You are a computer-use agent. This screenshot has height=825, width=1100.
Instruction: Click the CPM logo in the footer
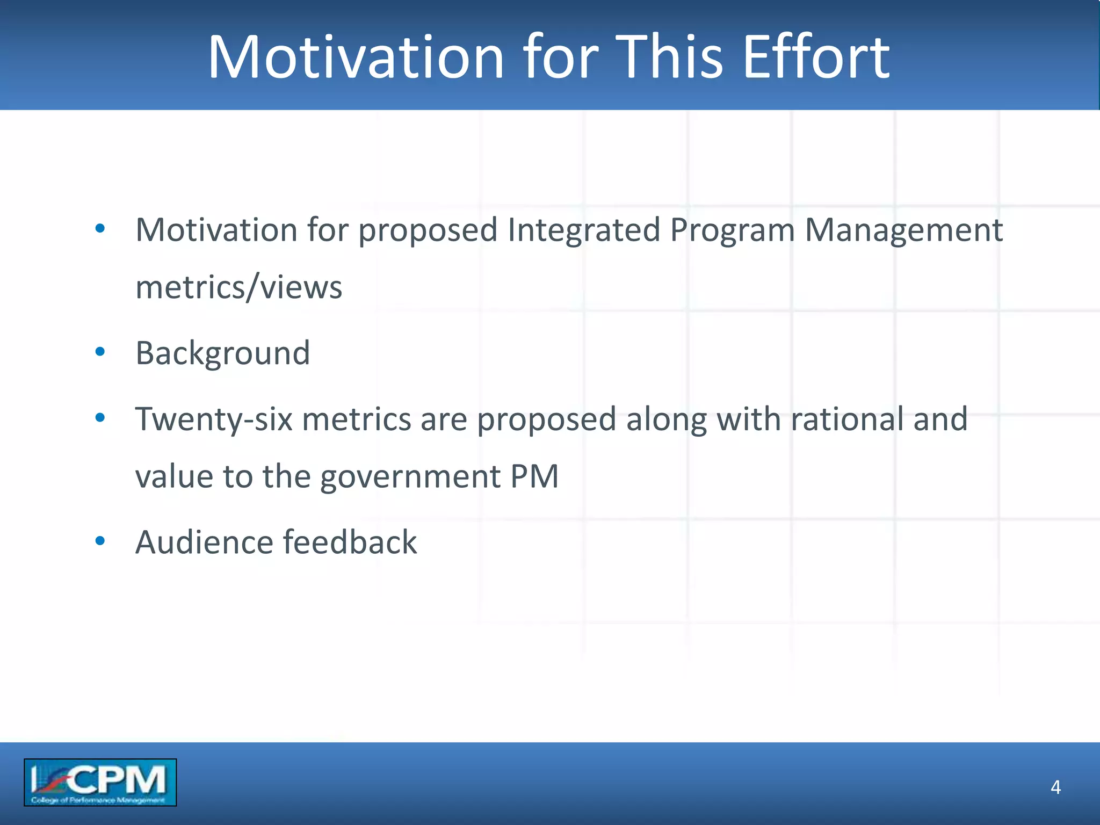pyautogui.click(x=100, y=782)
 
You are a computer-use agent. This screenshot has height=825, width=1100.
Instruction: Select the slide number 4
pyautogui.click(x=1055, y=787)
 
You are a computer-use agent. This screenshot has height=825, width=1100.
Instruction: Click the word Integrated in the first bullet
pyautogui.click(x=583, y=230)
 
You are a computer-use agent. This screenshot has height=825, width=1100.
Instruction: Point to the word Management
pyautogui.click(x=903, y=230)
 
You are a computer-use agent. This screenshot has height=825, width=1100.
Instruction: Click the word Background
pyautogui.click(x=223, y=353)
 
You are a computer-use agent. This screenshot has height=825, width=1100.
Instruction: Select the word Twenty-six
pyautogui.click(x=214, y=419)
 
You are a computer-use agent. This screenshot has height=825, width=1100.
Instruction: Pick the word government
pyautogui.click(x=410, y=476)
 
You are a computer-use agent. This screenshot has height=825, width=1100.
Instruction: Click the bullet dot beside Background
pyautogui.click(x=100, y=352)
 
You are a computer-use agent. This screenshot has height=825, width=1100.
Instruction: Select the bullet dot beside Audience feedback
pyautogui.click(x=100, y=541)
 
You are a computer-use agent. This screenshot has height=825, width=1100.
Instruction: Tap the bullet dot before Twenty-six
pyautogui.click(x=100, y=418)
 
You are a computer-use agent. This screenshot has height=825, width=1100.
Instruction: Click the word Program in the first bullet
pyautogui.click(x=732, y=230)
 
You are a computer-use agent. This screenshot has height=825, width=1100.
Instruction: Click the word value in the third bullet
pyautogui.click(x=174, y=476)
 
